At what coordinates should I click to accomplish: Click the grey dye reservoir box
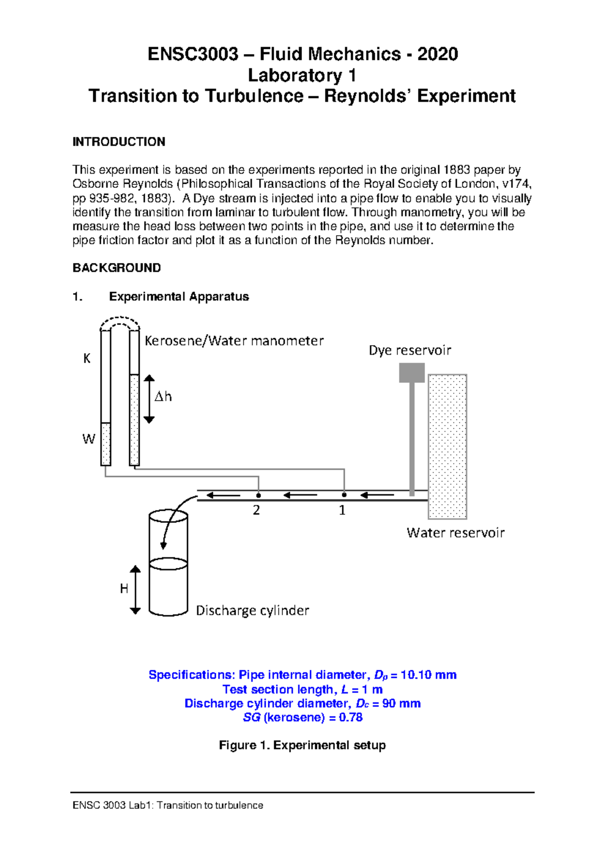411,373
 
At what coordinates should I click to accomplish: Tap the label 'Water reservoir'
455,533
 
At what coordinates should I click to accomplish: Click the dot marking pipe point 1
344,495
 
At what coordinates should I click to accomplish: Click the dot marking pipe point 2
259,495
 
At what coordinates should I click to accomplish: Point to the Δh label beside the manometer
163,397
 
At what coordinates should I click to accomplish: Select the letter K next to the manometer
87,358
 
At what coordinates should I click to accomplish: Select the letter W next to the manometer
89,439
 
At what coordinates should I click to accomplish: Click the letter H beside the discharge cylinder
124,588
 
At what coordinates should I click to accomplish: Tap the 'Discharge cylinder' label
252,611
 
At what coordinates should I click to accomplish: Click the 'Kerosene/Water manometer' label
234,341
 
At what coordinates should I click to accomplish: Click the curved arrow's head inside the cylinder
163,545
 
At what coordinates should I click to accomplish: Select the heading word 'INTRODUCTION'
119,142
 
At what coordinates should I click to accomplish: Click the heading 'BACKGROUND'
116,268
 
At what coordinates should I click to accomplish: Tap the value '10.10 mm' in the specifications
428,675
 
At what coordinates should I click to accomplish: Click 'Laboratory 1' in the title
302,76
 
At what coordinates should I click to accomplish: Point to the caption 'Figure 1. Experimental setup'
302,745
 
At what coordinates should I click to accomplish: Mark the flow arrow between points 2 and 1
300,495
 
